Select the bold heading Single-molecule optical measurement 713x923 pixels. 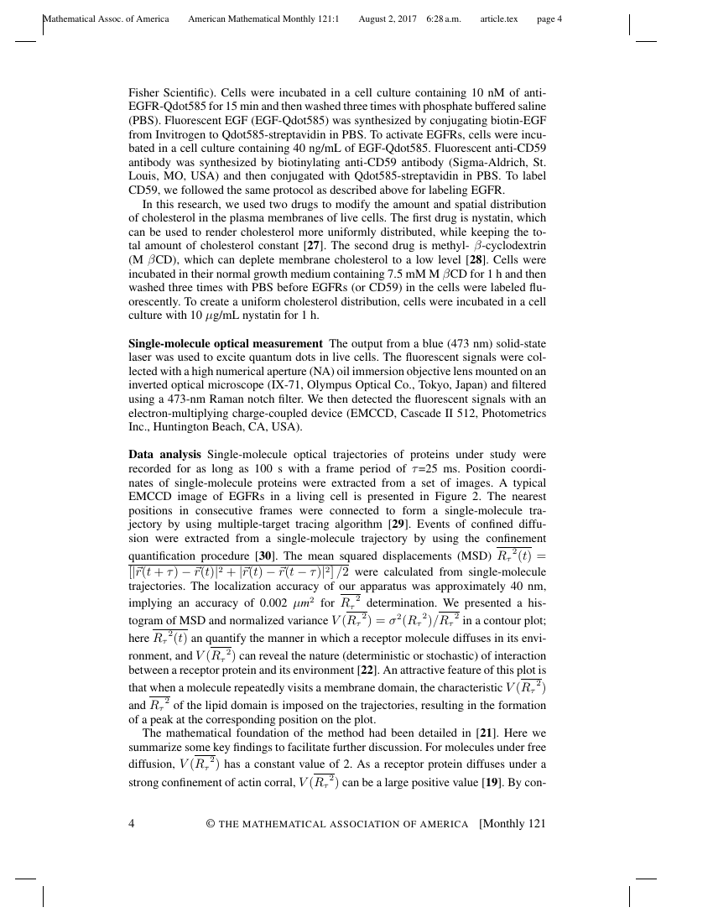point(225,343)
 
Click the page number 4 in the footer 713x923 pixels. point(132,823)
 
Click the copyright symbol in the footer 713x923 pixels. point(211,824)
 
